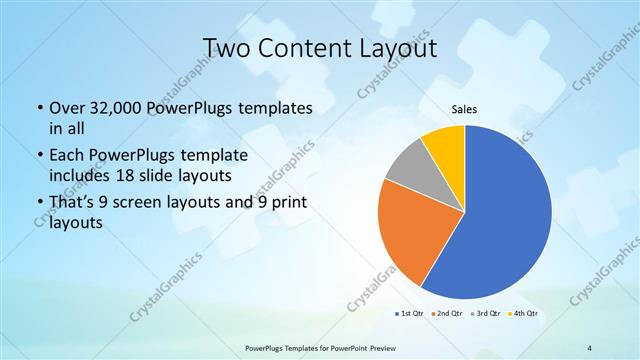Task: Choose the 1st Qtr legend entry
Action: (x=408, y=314)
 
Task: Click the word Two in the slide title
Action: (x=226, y=48)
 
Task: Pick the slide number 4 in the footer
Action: (x=590, y=347)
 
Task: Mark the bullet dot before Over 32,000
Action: (x=39, y=108)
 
